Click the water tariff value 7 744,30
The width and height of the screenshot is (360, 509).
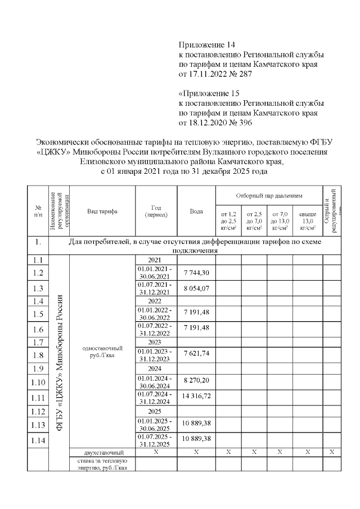[x=196, y=272]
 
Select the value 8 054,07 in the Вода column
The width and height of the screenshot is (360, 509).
[x=196, y=287]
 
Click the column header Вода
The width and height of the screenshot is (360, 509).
[x=196, y=211]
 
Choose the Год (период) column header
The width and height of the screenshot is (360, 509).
[x=156, y=211]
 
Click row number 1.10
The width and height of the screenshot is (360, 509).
[x=38, y=382]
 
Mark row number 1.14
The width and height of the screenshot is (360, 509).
[x=38, y=440]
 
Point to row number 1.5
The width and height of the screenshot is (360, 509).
[x=38, y=314]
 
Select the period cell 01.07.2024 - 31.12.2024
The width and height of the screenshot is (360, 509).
[x=156, y=398]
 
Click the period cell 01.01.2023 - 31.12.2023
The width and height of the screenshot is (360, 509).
[x=156, y=355]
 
